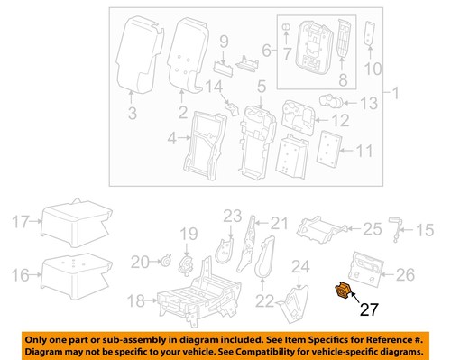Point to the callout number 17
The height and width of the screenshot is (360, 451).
21,219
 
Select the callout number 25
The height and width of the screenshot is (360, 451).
372,230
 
